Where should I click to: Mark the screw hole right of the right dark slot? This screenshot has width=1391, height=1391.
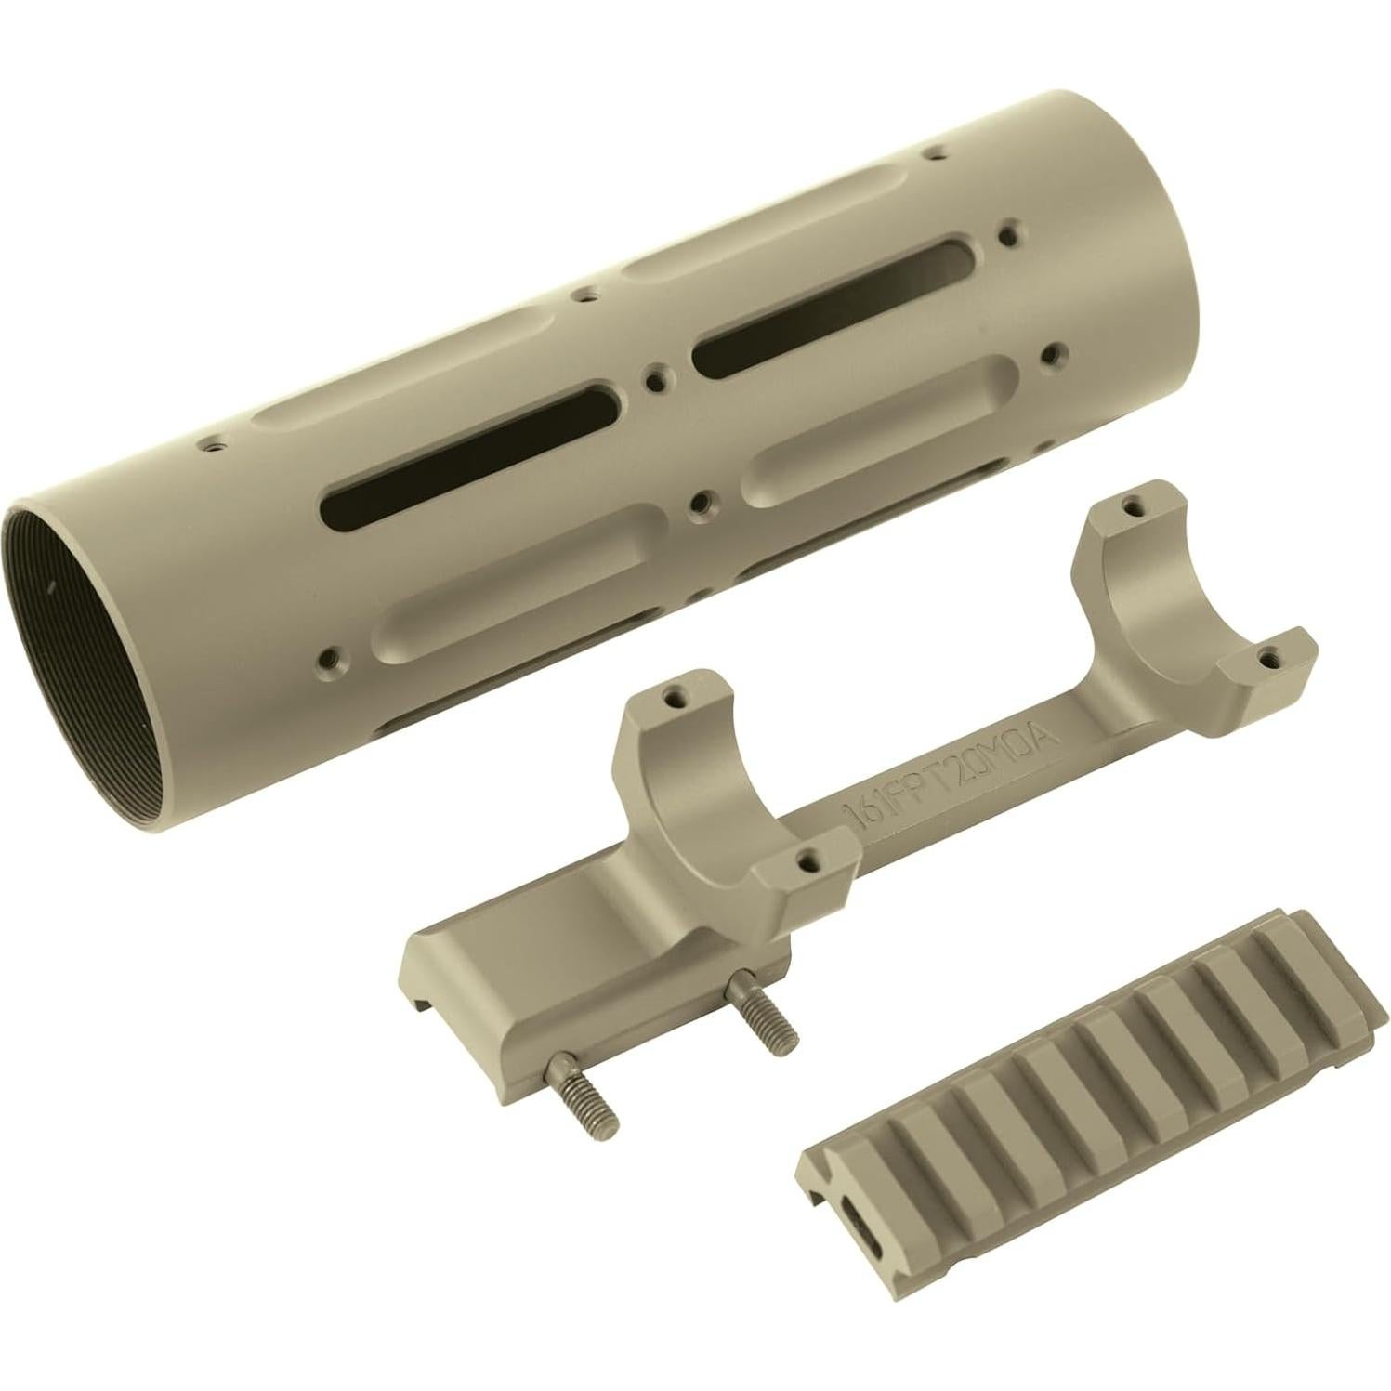point(1051,353)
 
